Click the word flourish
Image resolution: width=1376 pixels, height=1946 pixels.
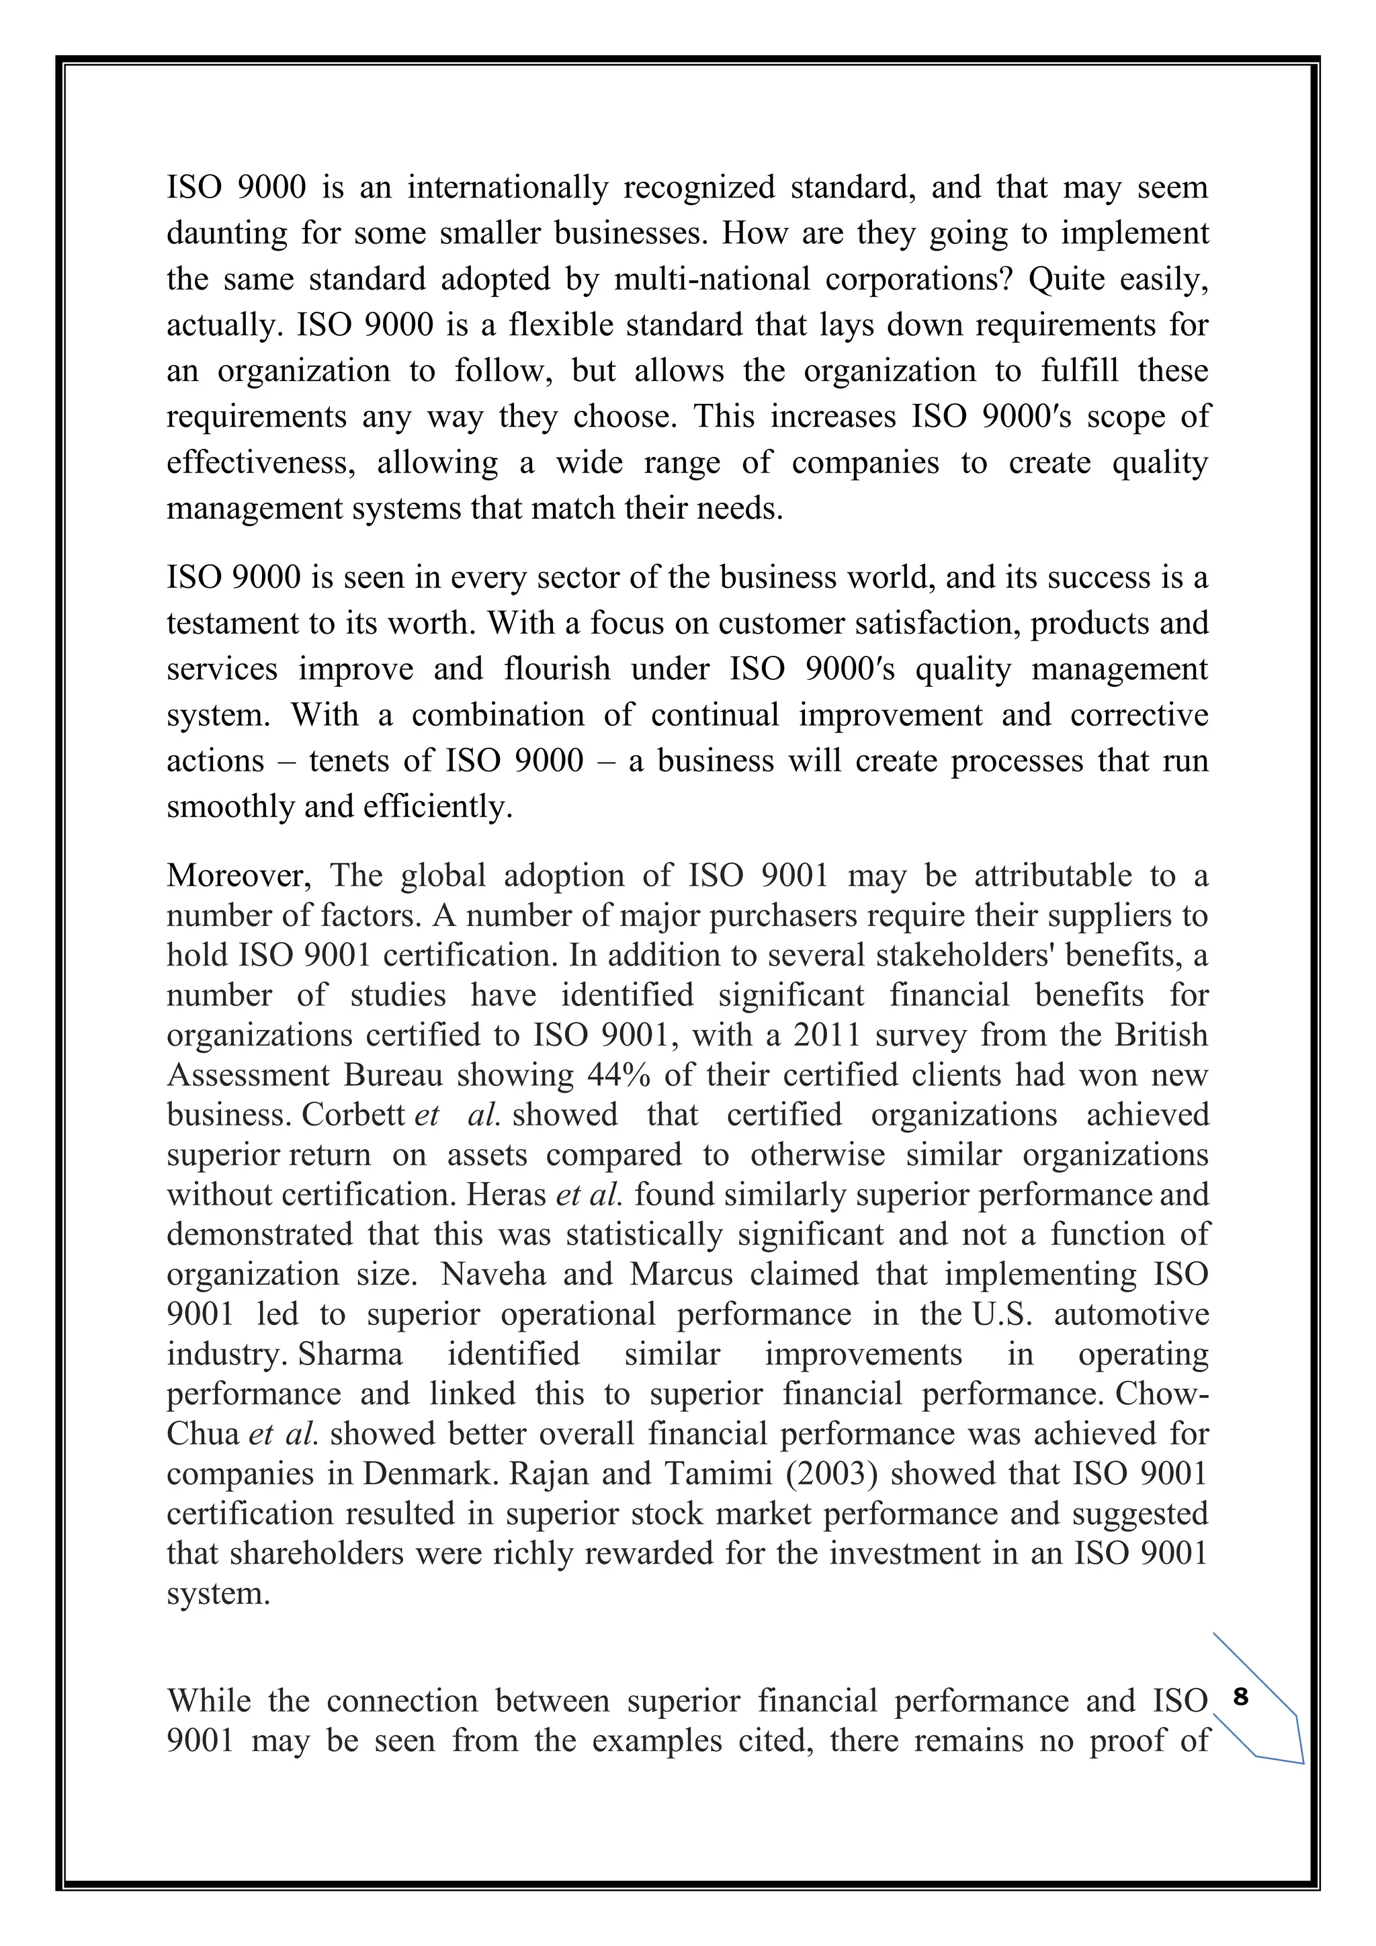click(557, 669)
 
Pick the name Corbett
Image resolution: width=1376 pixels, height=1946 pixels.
click(353, 1115)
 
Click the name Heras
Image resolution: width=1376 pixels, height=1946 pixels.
click(506, 1194)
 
